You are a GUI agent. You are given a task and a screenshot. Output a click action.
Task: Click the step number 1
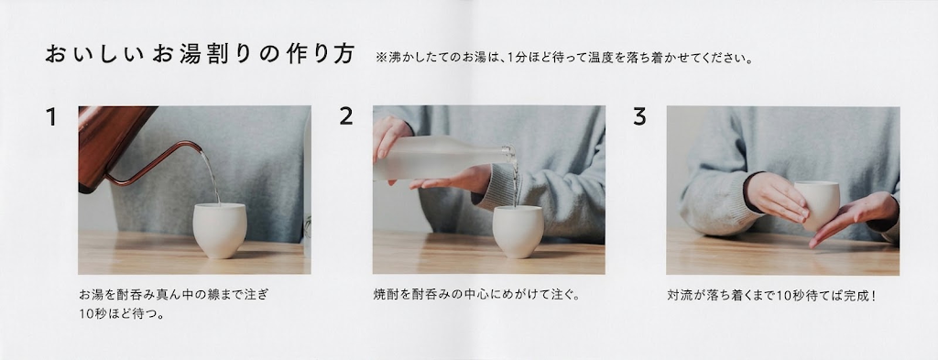click(51, 116)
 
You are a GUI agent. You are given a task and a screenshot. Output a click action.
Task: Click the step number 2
click(345, 116)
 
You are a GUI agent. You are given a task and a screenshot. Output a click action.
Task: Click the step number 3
click(639, 116)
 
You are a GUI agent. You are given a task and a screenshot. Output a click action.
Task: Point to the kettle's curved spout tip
click(202, 149)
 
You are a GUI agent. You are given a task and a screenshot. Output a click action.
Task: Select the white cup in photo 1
click(220, 230)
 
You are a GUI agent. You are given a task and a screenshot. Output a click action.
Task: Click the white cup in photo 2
click(518, 232)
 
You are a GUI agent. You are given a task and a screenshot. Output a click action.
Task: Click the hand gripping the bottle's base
click(389, 137)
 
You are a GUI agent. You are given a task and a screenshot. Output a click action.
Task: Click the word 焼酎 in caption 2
click(385, 295)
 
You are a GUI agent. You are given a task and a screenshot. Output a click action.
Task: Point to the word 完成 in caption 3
click(856, 295)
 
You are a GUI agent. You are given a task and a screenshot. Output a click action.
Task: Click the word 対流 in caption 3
click(679, 295)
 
